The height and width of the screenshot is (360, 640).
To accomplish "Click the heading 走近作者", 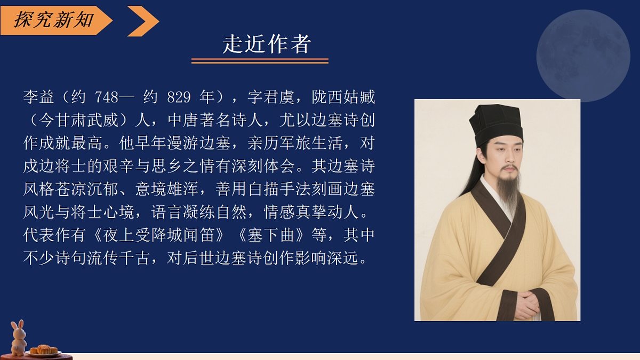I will pos(267,44).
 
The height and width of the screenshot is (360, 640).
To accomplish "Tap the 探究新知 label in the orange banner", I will pos(53,20).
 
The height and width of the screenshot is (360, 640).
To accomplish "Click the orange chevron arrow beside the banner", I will pos(143,21).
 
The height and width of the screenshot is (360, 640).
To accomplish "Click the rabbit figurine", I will pos(19,337).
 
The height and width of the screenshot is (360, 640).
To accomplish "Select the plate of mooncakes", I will pos(43,350).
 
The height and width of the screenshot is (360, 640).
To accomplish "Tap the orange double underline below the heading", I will pos(260,61).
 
